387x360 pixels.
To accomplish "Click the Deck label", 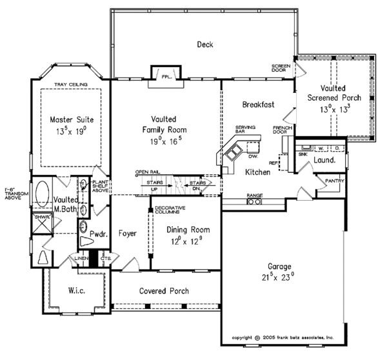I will (204, 45).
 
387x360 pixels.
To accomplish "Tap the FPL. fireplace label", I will (167, 75).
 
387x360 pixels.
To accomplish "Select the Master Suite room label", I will (72, 120).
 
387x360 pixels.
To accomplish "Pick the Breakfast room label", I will (259, 105).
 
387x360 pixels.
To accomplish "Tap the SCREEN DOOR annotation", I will (281, 69).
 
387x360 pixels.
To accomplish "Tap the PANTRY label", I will (334, 181).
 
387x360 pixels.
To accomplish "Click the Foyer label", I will (128, 234).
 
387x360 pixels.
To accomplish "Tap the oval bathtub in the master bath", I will (43, 194).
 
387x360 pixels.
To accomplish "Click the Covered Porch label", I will (164, 291).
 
